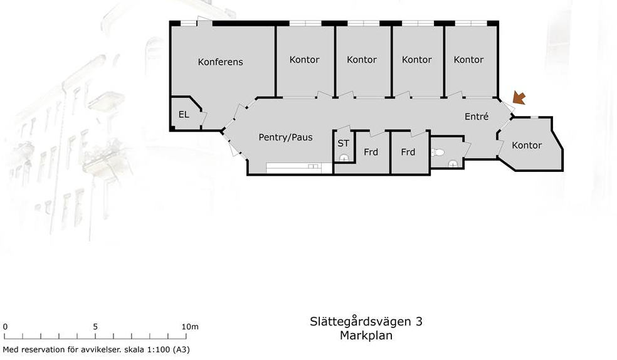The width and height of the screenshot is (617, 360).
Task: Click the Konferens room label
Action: click(220, 61)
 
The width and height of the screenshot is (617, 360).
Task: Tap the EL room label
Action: click(184, 115)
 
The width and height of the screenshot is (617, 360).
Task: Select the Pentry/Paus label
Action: click(286, 137)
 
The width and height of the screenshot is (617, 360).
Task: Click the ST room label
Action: click(344, 144)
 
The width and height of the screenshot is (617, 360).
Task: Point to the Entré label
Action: click(477, 117)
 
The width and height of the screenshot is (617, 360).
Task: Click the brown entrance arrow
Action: click(519, 98)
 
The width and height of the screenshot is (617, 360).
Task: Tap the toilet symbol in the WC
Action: click(438, 152)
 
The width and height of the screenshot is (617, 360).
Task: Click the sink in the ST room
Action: click(344, 158)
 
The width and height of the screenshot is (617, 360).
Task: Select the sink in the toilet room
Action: click(453, 164)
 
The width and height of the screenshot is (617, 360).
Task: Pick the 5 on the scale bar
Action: click(95, 327)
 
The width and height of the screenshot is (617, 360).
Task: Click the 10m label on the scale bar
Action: click(190, 327)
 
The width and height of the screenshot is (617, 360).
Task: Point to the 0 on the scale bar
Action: click(5, 327)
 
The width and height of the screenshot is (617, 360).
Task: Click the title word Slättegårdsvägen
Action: click(360, 322)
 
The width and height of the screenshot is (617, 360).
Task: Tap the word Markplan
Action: click(366, 336)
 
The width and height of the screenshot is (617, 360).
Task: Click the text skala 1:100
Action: click(147, 349)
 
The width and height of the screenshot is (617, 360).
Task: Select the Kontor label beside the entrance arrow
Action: click(527, 145)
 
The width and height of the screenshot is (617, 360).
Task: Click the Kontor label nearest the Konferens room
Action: click(304, 60)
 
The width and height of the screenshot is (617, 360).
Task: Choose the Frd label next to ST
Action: click(371, 152)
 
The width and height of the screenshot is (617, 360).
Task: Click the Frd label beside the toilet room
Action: click(408, 152)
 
